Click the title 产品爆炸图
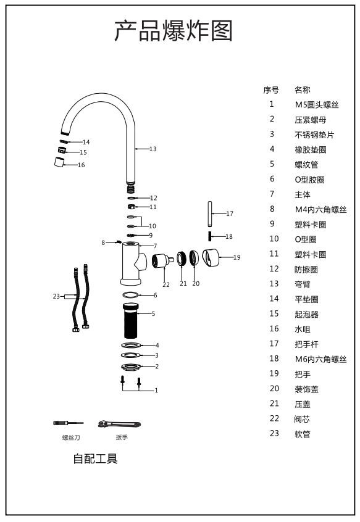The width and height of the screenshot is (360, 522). click(173, 31)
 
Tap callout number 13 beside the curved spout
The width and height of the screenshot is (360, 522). click(153, 149)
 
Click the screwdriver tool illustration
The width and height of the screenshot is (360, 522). click(69, 423)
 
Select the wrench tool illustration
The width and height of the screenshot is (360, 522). click(120, 424)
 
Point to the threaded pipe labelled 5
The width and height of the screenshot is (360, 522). click(131, 320)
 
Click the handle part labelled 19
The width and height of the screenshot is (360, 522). click(211, 258)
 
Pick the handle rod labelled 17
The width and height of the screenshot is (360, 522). click(210, 213)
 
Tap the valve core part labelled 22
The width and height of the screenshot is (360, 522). click(162, 260)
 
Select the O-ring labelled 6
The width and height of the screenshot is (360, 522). click(130, 295)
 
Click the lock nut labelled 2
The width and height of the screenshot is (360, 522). click(131, 367)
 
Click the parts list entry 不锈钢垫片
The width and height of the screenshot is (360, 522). click(314, 135)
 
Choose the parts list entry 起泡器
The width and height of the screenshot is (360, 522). click(306, 314)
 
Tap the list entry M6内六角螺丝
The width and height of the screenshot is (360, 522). click(320, 359)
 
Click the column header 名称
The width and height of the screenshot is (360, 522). click(303, 90)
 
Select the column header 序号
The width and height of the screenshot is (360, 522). click(271, 90)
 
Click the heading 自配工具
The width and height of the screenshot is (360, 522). click(96, 458)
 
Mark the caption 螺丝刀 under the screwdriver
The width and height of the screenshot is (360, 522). click(71, 437)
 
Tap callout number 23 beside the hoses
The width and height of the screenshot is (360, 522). click(56, 296)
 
